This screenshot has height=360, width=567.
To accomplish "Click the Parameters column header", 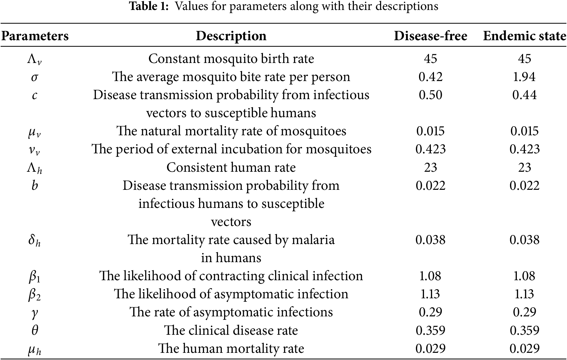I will click(35, 36).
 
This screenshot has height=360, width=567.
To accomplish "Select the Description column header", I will click(231, 36).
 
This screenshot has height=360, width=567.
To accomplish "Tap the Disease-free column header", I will click(430, 36).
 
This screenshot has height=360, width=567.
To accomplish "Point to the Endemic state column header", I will click(525, 36).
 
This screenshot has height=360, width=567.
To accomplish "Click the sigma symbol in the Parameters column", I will click(34, 77).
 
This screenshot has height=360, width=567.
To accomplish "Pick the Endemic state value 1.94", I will click(524, 77).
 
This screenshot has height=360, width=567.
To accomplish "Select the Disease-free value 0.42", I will click(430, 77).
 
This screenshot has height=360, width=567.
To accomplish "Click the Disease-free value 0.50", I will click(430, 95).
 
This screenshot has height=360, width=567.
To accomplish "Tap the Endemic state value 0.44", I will click(524, 95).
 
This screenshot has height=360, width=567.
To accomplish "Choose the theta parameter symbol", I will click(35, 330).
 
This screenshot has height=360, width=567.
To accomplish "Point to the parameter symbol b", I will click(35, 185).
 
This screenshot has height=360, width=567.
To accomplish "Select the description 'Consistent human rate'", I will click(231, 167).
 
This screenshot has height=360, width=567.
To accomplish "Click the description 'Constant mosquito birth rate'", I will click(231, 59).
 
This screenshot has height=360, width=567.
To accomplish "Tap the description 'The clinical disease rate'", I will click(231, 330).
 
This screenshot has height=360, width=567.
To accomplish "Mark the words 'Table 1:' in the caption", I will click(149, 6).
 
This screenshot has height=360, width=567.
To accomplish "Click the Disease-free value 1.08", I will click(430, 276).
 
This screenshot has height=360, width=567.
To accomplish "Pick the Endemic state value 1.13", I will click(524, 294).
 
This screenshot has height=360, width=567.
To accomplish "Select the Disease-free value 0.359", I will click(430, 330).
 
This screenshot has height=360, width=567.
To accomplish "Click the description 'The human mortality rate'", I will click(231, 348).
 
